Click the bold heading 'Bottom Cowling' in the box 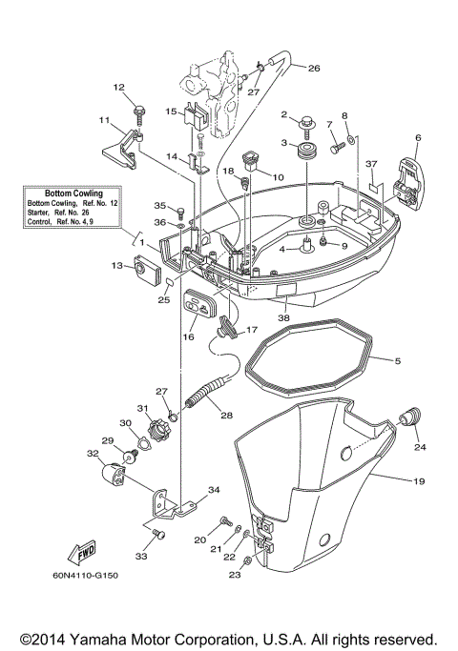[73, 193]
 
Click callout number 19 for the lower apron [419, 481]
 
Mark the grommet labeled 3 [308, 153]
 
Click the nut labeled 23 [248, 560]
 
